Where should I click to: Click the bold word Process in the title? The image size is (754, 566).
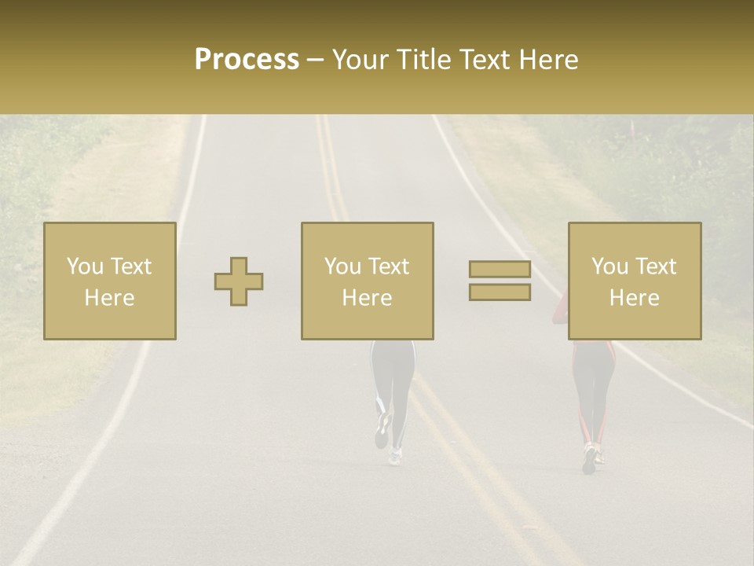(247, 60)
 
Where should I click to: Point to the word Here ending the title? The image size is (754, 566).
(547, 60)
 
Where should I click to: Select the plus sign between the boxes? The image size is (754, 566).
(239, 281)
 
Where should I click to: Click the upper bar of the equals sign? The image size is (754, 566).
(500, 269)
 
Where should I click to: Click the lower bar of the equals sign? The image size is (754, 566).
(500, 292)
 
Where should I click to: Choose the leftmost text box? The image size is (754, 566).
(110, 281)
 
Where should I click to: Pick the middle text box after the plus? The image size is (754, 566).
(368, 281)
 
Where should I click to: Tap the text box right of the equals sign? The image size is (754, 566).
(635, 281)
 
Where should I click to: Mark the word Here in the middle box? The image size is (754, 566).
(368, 298)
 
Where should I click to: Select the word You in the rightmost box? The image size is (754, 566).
(609, 266)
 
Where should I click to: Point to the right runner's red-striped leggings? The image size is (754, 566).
(593, 393)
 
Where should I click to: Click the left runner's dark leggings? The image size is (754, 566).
(393, 377)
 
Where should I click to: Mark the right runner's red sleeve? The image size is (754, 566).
(559, 310)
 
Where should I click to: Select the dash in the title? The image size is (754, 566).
(316, 61)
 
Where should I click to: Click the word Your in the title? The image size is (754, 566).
(361, 60)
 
